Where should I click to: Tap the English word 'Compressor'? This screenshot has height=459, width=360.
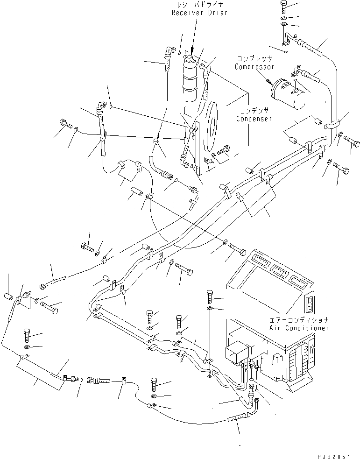click(254, 67)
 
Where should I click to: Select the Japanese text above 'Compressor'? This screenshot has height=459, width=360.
click(254, 60)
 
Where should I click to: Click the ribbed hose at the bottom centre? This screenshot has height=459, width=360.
click(238, 424)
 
